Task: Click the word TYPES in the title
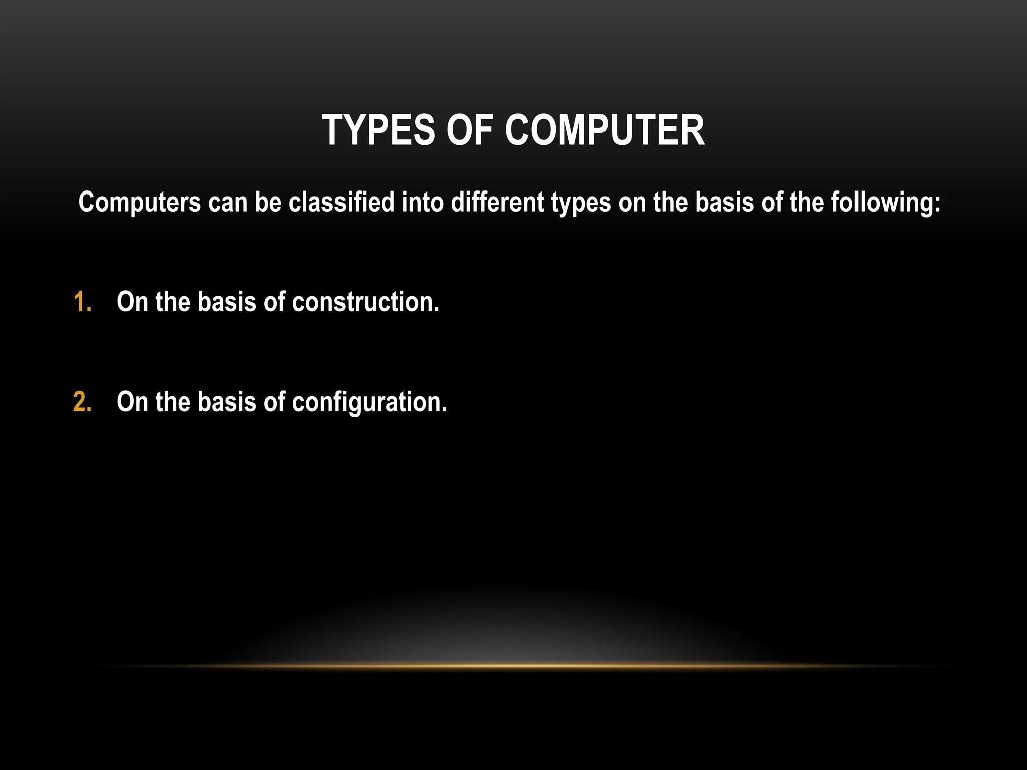tap(379, 130)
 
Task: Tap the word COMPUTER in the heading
tap(605, 130)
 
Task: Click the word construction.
tap(366, 302)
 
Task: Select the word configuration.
tap(370, 403)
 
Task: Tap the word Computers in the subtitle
tap(139, 203)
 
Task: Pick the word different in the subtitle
tap(497, 203)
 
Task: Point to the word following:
tap(886, 203)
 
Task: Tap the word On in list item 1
tap(132, 302)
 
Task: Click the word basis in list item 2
tap(227, 402)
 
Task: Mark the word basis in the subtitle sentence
tap(724, 203)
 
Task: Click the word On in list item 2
tap(132, 402)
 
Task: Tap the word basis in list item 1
tap(227, 302)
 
